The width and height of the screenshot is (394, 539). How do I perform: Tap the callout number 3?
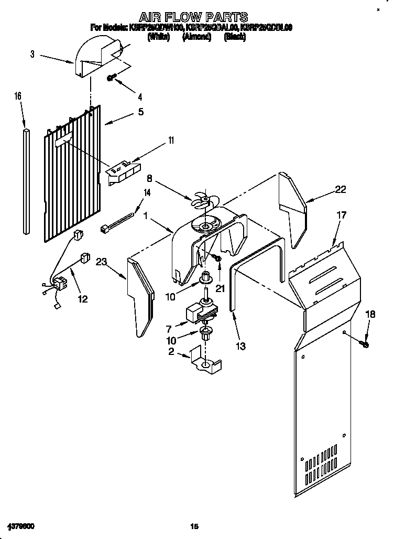click(x=32, y=54)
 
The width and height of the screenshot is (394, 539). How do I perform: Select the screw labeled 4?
click(x=112, y=78)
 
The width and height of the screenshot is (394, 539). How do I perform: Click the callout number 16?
click(x=18, y=96)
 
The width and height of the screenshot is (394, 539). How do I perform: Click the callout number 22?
click(x=341, y=190)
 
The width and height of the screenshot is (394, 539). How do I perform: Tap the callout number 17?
click(x=341, y=214)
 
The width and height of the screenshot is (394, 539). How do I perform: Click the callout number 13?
click(x=240, y=346)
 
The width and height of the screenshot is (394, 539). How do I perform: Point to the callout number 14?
click(x=147, y=192)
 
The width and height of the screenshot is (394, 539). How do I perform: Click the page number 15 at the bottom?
click(x=194, y=526)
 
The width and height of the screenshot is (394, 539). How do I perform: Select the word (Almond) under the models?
click(x=196, y=37)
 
